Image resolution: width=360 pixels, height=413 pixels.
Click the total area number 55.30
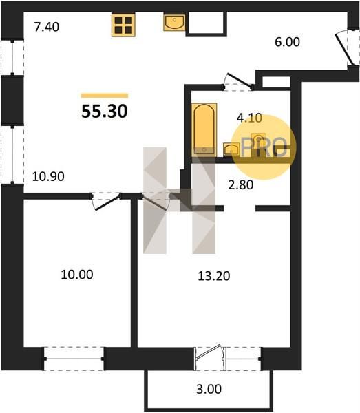[x=105, y=111]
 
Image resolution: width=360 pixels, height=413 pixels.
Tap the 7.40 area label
[x=47, y=27]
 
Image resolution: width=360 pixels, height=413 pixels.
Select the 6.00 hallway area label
[x=287, y=42]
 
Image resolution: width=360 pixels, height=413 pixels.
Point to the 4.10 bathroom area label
[x=249, y=118]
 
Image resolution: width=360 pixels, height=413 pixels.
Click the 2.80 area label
[x=241, y=185]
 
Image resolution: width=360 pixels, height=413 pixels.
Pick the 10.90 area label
[x=48, y=176]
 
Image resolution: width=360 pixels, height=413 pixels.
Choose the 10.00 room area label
[x=77, y=275]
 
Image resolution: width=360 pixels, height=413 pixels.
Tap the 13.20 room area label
[x=214, y=276]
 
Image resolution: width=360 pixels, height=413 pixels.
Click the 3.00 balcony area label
[x=209, y=389]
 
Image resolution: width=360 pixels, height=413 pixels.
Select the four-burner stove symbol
[x=123, y=25]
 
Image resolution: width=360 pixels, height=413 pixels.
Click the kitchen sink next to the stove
[x=174, y=23]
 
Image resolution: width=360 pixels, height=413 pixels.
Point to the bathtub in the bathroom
[x=204, y=130]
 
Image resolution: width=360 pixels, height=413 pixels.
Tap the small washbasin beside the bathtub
[x=231, y=149]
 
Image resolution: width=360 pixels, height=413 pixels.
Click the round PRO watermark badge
[x=264, y=147]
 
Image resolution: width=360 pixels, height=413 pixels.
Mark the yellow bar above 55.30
[x=105, y=96]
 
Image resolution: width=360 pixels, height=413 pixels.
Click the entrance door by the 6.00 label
[x=345, y=47]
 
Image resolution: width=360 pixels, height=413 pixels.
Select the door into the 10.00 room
[x=105, y=202]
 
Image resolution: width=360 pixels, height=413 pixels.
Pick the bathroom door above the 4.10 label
[x=238, y=81]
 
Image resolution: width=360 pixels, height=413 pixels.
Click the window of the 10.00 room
[x=74, y=359]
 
